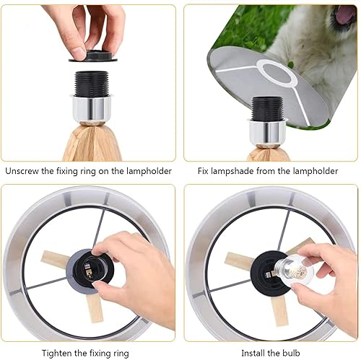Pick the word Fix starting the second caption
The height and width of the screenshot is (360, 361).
point(204,172)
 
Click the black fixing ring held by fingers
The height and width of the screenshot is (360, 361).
point(91,56)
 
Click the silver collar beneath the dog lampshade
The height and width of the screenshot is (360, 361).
point(269,131)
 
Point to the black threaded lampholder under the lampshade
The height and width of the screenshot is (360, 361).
point(269,108)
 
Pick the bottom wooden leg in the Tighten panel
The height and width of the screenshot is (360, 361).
point(92,307)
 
